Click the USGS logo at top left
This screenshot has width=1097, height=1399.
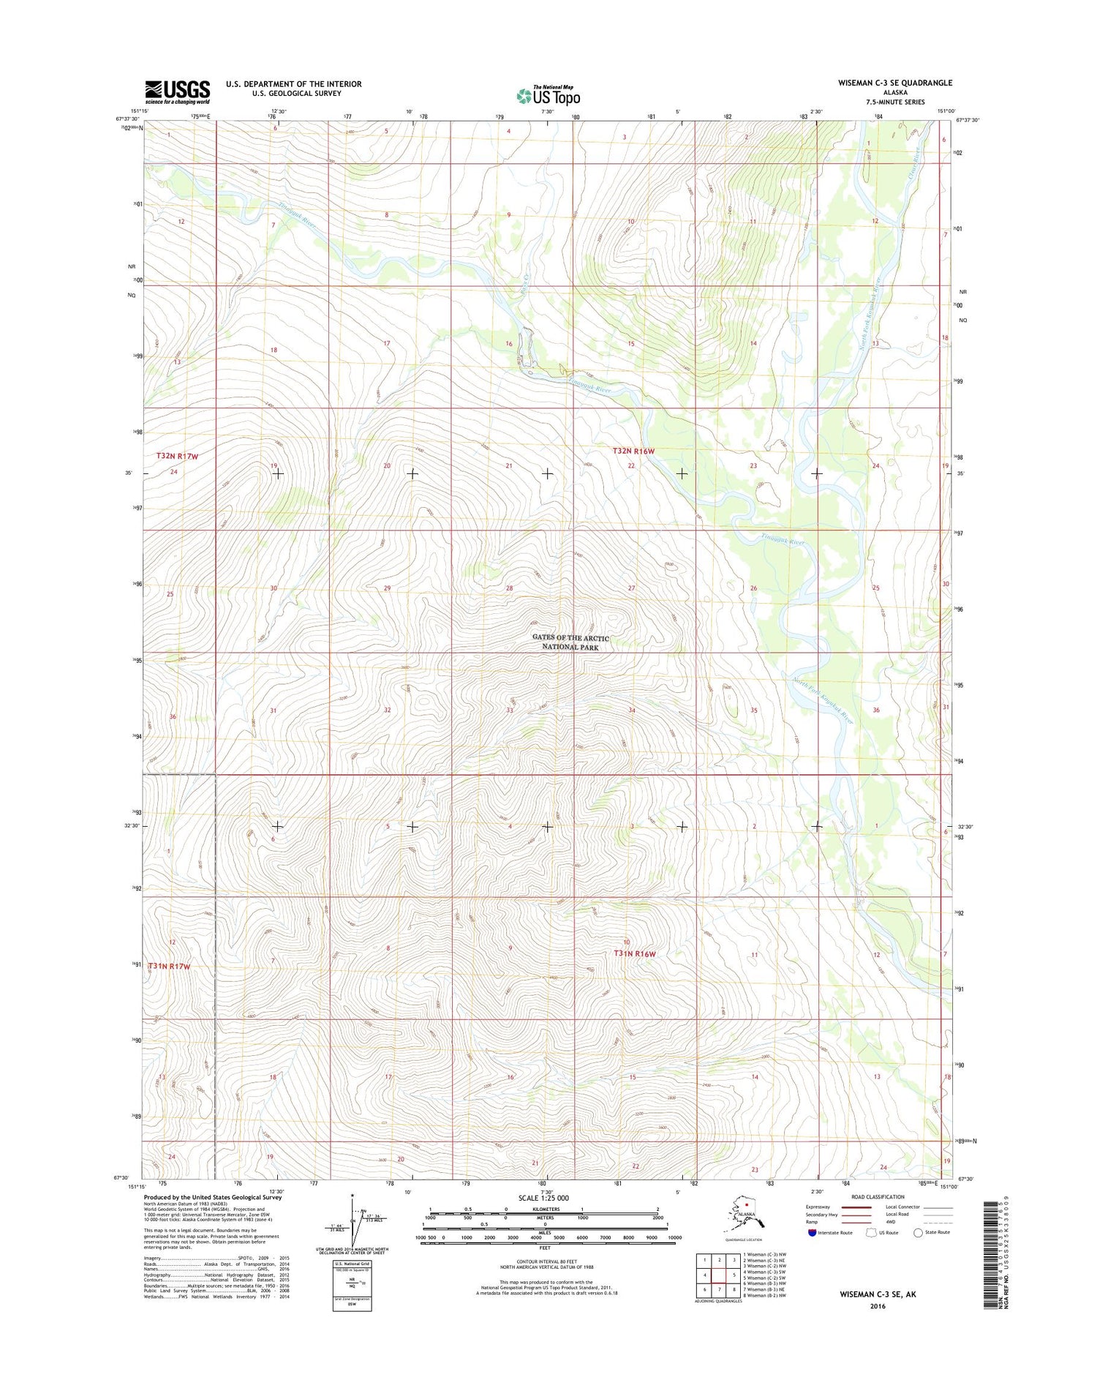point(177,91)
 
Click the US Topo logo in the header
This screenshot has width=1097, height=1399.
point(548,95)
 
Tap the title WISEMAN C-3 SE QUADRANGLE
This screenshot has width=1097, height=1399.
point(895,83)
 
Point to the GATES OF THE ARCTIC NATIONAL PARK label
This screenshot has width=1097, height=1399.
point(570,642)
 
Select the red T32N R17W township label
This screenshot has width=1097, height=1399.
point(178,456)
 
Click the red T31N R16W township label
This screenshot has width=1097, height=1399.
point(634,954)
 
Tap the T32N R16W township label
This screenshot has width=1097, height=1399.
point(633,451)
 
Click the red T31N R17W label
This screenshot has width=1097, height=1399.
point(169,967)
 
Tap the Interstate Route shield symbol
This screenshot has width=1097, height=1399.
point(812,1232)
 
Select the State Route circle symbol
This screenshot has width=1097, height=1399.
point(919,1232)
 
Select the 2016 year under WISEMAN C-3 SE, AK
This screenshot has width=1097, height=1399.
point(878,1306)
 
